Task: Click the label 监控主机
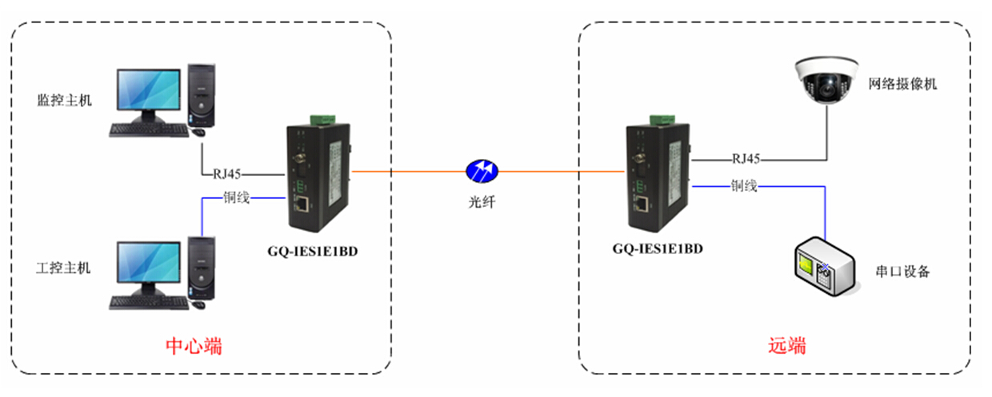pos(65,101)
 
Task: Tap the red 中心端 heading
pos(193,347)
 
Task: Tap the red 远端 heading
pos(787,347)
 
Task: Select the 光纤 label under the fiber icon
pos(482,202)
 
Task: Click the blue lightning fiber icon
pos(482,170)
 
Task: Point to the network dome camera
pos(824,80)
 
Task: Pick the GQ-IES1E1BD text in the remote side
pos(657,248)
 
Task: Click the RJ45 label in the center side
pos(227,173)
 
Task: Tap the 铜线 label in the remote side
pos(743,186)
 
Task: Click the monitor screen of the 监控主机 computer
pos(147,90)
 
